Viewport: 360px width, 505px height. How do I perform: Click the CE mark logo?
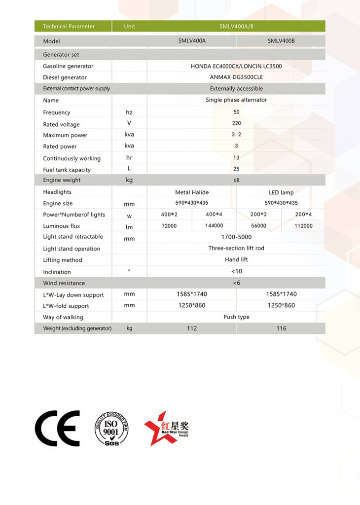(x=57, y=428)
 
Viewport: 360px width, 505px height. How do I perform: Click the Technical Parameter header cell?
(x=69, y=26)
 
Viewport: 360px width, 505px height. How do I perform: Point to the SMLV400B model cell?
(x=281, y=41)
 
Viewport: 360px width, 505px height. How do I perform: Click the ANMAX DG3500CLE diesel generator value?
(x=236, y=77)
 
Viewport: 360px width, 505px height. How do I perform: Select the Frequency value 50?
(x=236, y=112)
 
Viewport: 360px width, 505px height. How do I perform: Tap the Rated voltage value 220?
(x=236, y=124)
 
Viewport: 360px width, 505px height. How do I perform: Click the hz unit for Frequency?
(x=129, y=112)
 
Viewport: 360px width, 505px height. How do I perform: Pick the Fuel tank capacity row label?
(x=67, y=170)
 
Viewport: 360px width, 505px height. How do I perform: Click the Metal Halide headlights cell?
(x=192, y=192)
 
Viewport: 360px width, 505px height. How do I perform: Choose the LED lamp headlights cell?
(x=281, y=192)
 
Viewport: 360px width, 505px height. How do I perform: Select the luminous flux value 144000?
(x=214, y=226)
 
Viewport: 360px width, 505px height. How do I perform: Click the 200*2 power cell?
(x=259, y=215)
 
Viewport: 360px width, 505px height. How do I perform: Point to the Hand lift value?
(x=236, y=259)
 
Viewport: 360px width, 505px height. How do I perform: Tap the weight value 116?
(x=281, y=328)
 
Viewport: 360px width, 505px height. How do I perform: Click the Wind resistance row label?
(x=64, y=283)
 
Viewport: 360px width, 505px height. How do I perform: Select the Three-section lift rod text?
(x=236, y=248)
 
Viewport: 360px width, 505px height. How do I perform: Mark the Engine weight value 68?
(x=236, y=180)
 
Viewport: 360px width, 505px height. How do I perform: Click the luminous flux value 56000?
(x=259, y=226)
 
